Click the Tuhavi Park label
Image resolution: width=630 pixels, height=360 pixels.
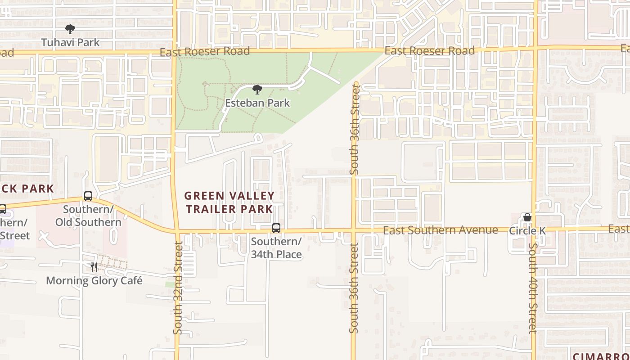tap(70, 42)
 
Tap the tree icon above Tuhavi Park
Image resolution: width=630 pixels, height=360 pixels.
tap(70, 30)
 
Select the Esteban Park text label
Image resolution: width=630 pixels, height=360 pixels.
tap(257, 103)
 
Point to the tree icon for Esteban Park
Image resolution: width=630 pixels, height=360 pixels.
tap(257, 90)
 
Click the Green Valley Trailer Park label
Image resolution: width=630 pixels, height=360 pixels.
tap(229, 202)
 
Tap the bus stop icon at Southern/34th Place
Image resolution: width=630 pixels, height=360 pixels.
tap(276, 228)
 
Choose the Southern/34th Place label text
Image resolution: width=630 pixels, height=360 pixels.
tap(276, 248)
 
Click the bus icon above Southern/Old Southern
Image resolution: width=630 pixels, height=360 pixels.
tap(88, 196)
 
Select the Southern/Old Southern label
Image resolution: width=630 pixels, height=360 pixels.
tap(88, 216)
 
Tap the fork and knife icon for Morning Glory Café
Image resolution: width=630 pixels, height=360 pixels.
tap(94, 267)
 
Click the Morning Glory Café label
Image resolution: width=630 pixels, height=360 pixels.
tap(94, 281)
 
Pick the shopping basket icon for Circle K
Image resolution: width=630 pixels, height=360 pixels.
tap(527, 218)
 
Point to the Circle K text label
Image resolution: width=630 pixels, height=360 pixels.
tap(527, 231)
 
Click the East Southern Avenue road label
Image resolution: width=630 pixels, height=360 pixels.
tap(440, 230)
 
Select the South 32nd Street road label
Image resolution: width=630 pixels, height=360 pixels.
tap(178, 288)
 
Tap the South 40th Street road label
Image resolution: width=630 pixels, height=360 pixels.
tap(533, 288)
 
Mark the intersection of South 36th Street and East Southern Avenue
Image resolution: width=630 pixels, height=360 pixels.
tap(354, 231)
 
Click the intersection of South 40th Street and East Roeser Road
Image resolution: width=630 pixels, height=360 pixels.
tap(535, 47)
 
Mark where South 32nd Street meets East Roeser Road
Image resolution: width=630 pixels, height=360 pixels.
tap(175, 52)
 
